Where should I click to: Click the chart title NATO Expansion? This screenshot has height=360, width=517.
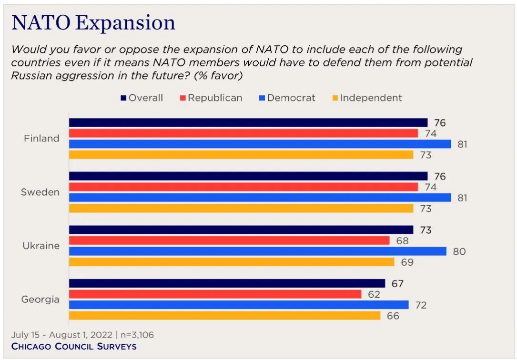click(93, 23)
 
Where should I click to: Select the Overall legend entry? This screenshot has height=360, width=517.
click(142, 98)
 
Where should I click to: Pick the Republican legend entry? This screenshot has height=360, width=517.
click(211, 98)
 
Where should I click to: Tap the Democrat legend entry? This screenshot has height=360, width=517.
click(287, 98)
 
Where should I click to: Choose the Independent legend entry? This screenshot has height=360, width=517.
click(366, 98)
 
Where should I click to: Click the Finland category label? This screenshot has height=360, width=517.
click(42, 139)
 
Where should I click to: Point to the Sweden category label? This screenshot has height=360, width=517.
click(41, 192)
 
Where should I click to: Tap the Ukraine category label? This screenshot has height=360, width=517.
click(41, 246)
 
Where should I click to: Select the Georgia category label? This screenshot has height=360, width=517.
click(41, 300)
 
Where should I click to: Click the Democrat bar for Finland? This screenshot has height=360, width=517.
click(260, 144)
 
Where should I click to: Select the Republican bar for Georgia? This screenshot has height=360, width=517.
click(215, 294)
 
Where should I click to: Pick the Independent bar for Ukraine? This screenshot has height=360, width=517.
click(232, 262)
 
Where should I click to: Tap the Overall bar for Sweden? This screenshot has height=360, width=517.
click(248, 176)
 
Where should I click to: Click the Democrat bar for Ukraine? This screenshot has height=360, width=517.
click(257, 251)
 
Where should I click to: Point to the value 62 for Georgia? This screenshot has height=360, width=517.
click(374, 294)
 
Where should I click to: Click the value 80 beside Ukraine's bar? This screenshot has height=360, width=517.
click(459, 251)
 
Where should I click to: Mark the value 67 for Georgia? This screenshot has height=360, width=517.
click(397, 284)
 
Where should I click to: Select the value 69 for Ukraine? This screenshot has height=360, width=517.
click(407, 262)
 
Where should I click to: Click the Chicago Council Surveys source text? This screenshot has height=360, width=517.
click(74, 346)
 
